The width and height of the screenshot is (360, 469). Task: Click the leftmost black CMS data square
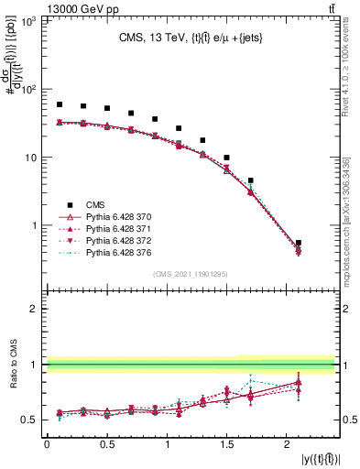(x=60, y=105)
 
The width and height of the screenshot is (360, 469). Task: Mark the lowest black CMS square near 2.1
(x=299, y=243)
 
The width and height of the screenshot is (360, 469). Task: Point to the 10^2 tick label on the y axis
(x=27, y=90)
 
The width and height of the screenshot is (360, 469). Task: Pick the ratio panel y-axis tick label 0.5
(x=29, y=420)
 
